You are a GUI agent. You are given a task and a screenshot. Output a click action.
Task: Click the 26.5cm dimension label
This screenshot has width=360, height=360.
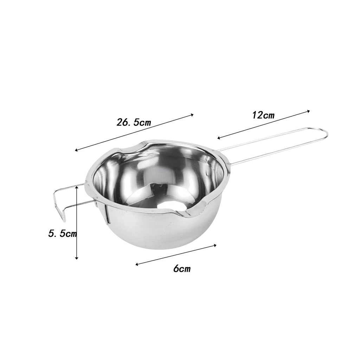pos(134,122)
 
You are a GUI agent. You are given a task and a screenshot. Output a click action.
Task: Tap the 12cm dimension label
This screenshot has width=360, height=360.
pos(263,115)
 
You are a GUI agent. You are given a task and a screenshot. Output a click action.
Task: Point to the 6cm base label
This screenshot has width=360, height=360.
pos(182,268)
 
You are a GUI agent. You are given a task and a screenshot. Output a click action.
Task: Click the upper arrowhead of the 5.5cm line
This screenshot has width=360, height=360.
pos(77,187)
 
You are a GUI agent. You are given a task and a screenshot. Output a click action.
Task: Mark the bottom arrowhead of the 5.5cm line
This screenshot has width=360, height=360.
pos(77,258)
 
